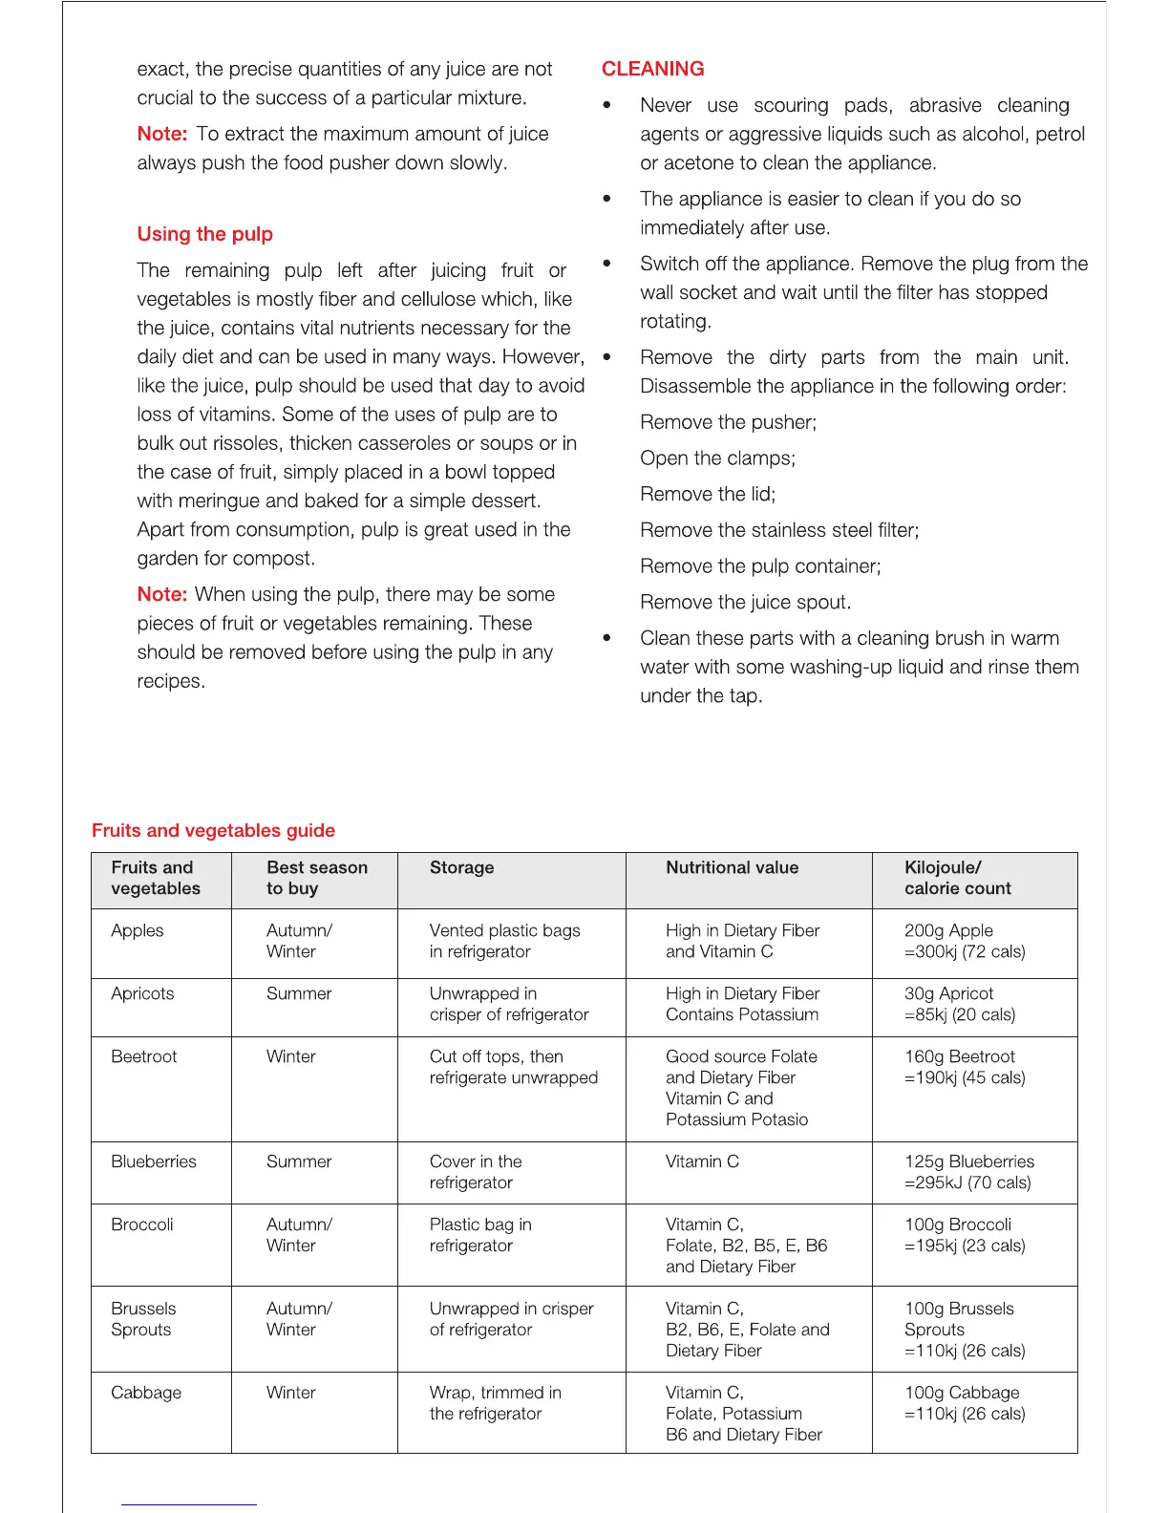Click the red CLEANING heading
(652, 69)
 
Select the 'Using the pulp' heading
(204, 234)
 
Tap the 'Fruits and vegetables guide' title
(213, 830)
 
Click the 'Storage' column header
(461, 867)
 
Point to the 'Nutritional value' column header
(732, 867)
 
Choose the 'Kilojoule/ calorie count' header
(957, 878)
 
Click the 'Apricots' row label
(142, 993)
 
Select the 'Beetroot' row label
(143, 1056)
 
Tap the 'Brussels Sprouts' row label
(143, 1319)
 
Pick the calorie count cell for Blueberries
(968, 1172)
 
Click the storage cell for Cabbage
(495, 1403)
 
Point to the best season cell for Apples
(299, 941)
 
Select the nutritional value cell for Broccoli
(746, 1246)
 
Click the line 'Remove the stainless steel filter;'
(778, 530)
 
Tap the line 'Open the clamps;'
(717, 458)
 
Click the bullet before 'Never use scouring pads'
(606, 105)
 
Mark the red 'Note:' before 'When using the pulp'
(161, 594)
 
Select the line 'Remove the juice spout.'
(745, 603)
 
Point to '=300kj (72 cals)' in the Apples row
(965, 951)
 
